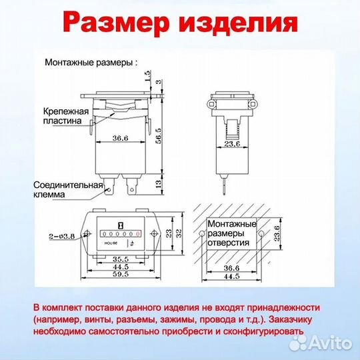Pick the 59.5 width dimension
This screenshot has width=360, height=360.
pyautogui.click(x=121, y=275)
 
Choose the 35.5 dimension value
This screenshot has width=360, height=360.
pyautogui.click(x=121, y=259)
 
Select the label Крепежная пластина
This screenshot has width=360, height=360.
pyautogui.click(x=65, y=116)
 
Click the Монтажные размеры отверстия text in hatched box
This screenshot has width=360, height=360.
pyautogui.click(x=231, y=234)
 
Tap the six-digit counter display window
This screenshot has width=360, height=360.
pyautogui.click(x=120, y=234)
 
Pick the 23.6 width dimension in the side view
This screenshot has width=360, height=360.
pyautogui.click(x=231, y=143)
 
